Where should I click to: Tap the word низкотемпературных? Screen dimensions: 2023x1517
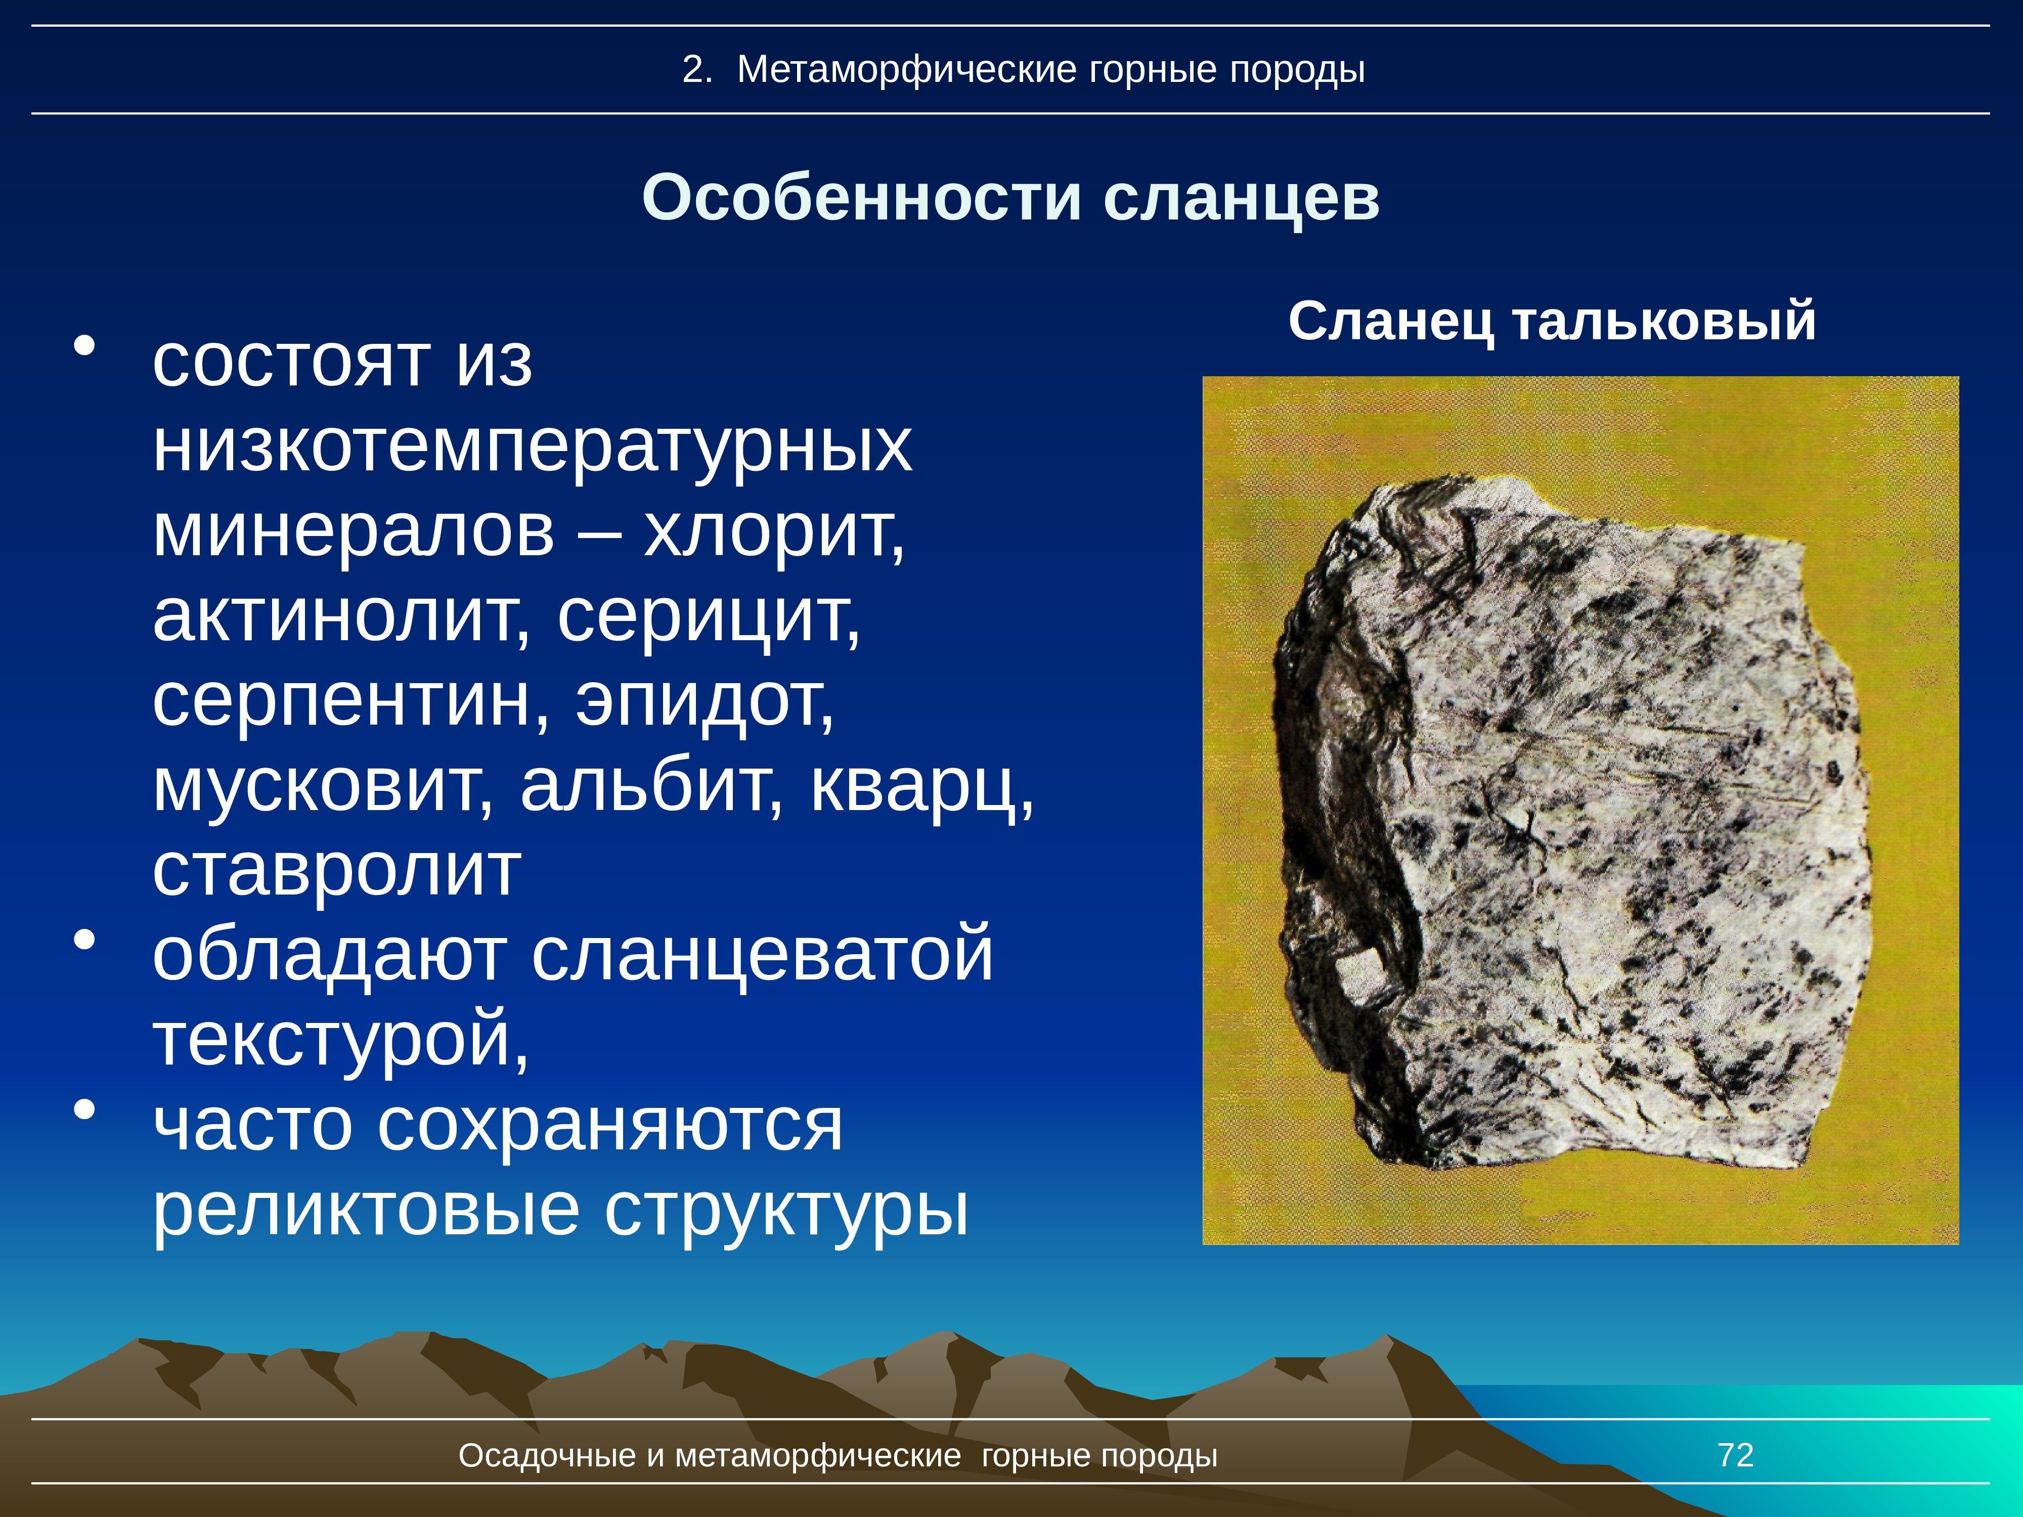coord(532,449)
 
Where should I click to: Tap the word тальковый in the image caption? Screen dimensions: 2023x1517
coord(1663,323)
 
